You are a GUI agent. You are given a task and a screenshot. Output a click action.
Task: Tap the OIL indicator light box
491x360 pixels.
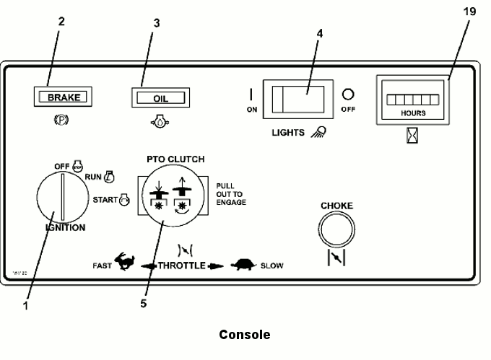point(160,97)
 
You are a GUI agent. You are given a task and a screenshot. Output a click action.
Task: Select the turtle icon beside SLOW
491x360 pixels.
point(243,265)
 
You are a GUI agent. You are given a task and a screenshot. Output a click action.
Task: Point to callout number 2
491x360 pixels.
point(61,21)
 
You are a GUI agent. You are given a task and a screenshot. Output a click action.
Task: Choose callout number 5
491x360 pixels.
point(143,304)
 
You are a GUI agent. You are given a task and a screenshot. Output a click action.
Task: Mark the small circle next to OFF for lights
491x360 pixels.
point(347,94)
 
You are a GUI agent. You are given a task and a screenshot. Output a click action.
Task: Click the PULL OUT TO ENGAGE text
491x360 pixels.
point(231,195)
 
